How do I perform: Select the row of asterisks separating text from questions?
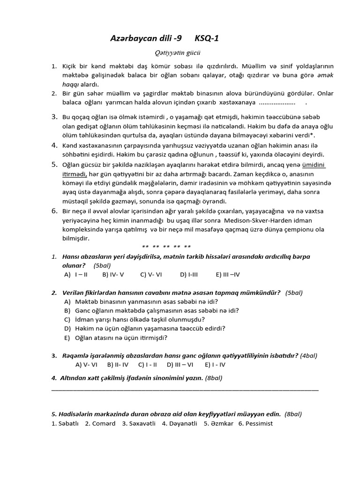coord(166,247)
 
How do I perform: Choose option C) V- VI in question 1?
coord(151,275)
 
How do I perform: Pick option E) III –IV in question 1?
coord(228,275)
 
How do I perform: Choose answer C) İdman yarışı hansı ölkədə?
coord(134,319)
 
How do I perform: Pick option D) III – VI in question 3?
coord(180,364)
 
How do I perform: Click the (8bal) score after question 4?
coord(214,378)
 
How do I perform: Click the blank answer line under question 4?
coord(185,390)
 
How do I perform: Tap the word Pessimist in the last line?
coord(255,423)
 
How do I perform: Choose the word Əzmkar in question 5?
coord(218,423)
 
